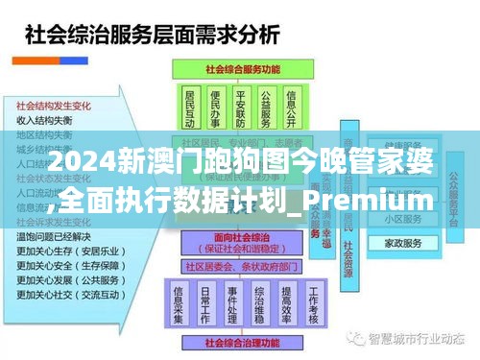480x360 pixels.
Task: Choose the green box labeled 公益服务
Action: (x=267, y=108)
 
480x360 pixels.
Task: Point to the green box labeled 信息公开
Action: (x=293, y=108)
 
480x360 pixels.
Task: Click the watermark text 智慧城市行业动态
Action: (x=420, y=338)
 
